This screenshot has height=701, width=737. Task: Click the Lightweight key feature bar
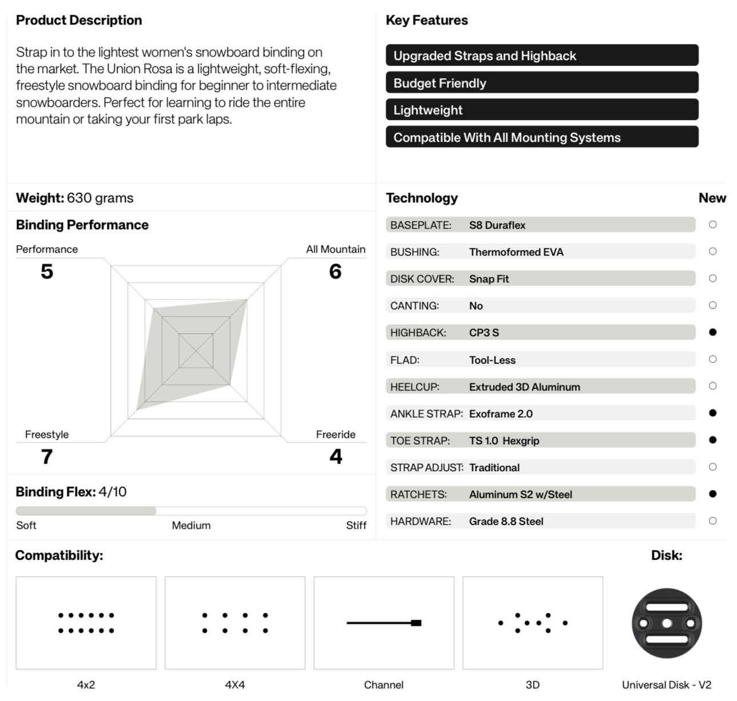[542, 110]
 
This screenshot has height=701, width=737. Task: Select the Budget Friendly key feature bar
[542, 83]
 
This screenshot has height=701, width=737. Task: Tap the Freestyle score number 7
[47, 456]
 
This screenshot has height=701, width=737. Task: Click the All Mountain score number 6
[335, 271]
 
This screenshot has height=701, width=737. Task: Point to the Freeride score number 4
[336, 456]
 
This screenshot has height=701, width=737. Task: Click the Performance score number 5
[47, 271]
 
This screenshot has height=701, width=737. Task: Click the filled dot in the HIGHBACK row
[712, 332]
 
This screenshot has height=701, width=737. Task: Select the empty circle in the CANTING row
[712, 305]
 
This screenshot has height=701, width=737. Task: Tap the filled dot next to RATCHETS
[712, 494]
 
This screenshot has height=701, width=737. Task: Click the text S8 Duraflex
[497, 225]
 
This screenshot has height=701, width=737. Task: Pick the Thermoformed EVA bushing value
[516, 252]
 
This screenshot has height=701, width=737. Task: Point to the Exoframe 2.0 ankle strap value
[500, 414]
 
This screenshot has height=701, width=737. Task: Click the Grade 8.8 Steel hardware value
[506, 521]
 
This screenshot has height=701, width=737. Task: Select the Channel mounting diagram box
[384, 623]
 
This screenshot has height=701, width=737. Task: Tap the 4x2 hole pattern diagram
[86, 623]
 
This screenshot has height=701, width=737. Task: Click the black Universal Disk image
[667, 623]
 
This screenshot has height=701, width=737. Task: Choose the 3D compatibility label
[532, 685]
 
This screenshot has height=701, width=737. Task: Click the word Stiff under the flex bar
[356, 525]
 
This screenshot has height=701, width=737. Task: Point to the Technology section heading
[422, 198]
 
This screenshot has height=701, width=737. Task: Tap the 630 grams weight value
[100, 198]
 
